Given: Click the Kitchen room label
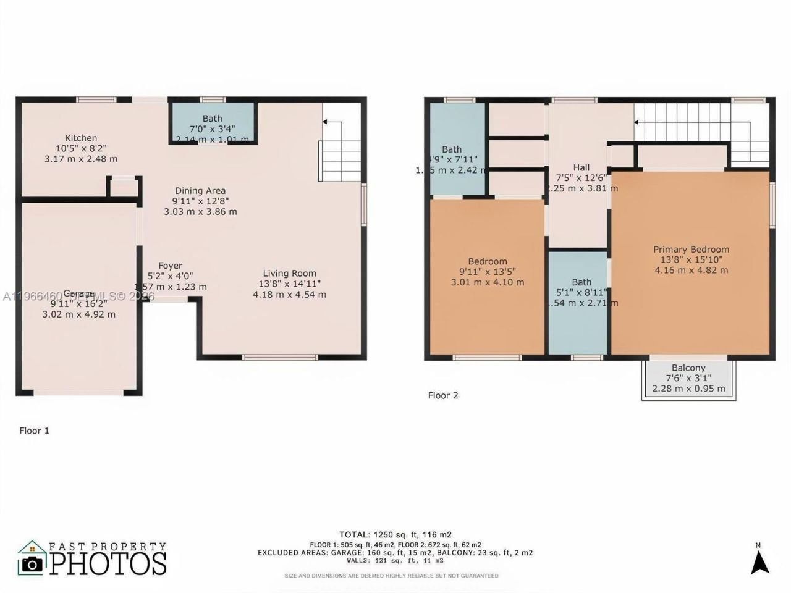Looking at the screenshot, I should click(x=81, y=138).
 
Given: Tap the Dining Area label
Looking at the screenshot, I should click(x=200, y=191).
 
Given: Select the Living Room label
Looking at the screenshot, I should click(x=289, y=274).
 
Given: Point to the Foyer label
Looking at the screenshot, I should click(x=170, y=266).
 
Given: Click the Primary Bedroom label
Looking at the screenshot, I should click(x=691, y=250).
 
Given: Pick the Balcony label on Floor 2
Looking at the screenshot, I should click(x=688, y=368).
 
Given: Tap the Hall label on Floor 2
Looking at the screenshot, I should click(x=581, y=167).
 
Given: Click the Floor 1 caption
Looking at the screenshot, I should click(x=34, y=431).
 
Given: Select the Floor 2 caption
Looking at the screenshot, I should click(x=443, y=395).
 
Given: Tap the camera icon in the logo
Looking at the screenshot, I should click(x=32, y=563).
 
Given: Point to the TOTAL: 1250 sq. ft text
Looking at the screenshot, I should click(x=395, y=534).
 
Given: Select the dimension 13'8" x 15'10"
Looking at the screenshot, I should click(x=691, y=260).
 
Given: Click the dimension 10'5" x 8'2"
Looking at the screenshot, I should click(x=81, y=148).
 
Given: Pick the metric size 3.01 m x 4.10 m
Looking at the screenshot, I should click(x=488, y=282).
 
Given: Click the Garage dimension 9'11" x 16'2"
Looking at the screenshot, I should click(x=78, y=303).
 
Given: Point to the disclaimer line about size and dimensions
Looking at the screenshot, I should click(x=391, y=576).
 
